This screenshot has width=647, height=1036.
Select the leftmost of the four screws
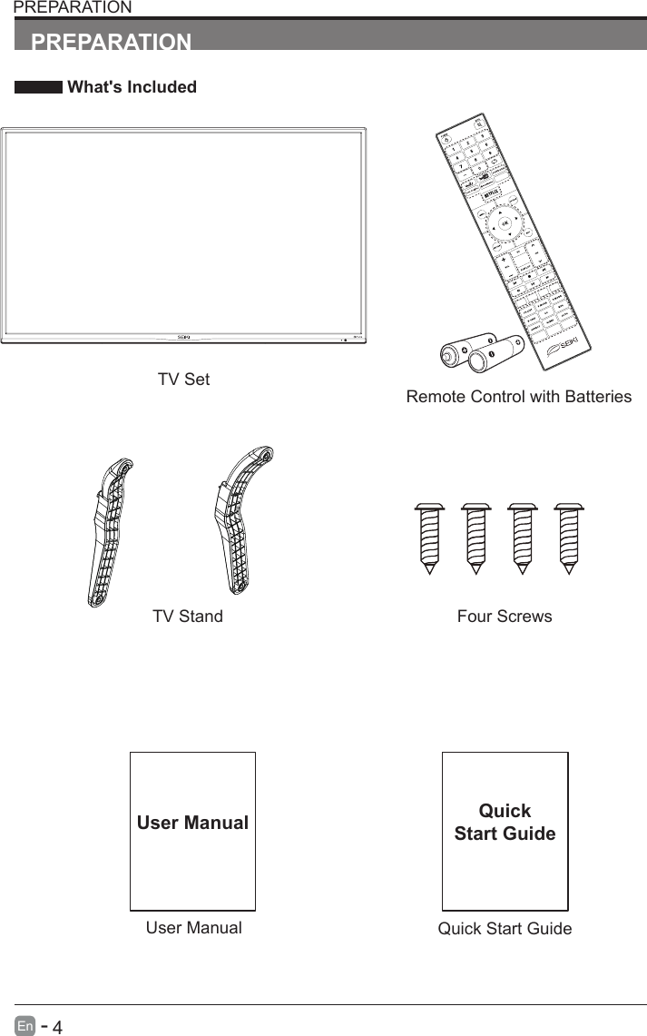428,537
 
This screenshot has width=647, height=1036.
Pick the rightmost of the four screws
568,537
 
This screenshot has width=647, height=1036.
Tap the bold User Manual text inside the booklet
192,824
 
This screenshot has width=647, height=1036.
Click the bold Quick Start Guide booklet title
505,822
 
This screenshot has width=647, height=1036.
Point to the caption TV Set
183,380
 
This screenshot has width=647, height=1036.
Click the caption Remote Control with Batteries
518,397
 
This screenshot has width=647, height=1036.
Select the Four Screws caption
505,617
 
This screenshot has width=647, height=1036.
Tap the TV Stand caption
187,617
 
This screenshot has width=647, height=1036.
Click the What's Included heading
132,87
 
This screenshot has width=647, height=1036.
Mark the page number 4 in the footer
57,1027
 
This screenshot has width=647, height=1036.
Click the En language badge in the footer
25,1026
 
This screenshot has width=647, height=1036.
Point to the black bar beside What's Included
38,88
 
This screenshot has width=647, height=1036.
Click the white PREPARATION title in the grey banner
112,43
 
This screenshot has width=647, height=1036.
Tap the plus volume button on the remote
502,257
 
